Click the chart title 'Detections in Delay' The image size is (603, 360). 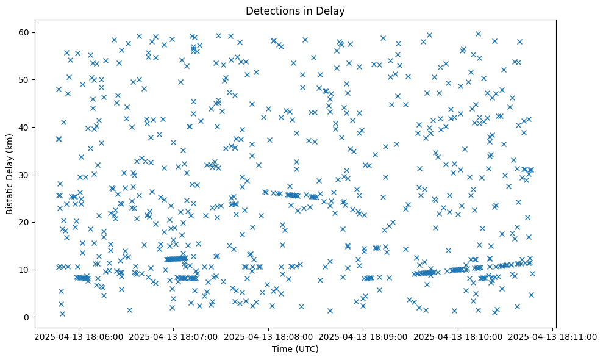[295, 10]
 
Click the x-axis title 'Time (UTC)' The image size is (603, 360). [295, 349]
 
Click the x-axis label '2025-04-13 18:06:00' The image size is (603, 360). [79, 336]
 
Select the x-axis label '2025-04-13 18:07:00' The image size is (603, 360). [173, 336]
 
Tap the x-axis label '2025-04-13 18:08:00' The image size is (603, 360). [268, 336]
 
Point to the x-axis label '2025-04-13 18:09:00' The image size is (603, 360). [363, 336]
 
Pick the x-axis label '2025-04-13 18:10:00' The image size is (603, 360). [458, 336]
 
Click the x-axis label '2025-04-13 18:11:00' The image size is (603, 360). [553, 336]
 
